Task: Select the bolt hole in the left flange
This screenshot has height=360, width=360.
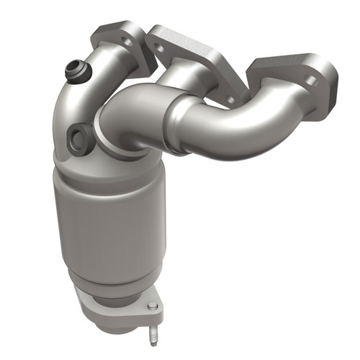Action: coord(127,42)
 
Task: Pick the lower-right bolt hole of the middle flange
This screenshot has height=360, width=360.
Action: coord(230,99)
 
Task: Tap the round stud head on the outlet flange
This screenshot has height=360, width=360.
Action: coord(152,308)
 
